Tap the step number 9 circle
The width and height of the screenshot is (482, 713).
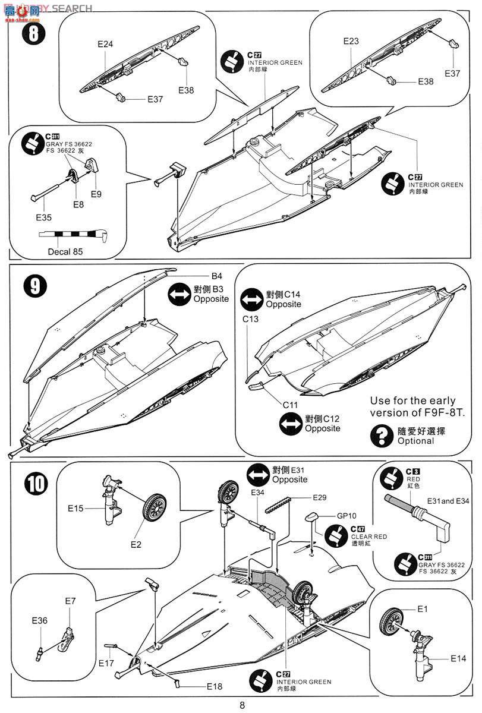coord(34,286)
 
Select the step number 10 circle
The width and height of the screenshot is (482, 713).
coord(35,484)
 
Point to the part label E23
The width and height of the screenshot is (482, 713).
coord(351,41)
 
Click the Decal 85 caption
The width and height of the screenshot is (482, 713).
coord(65,251)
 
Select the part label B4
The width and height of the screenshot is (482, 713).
coord(216,276)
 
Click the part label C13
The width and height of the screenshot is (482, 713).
coord(250,319)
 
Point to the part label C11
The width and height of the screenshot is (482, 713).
coord(290,405)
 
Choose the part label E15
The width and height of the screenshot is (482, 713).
coord(76,508)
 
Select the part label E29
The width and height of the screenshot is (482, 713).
coord(320,497)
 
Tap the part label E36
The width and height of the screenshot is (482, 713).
coord(40,620)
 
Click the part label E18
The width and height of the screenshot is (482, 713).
coord(215,686)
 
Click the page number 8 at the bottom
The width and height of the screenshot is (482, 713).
coord(242,705)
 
